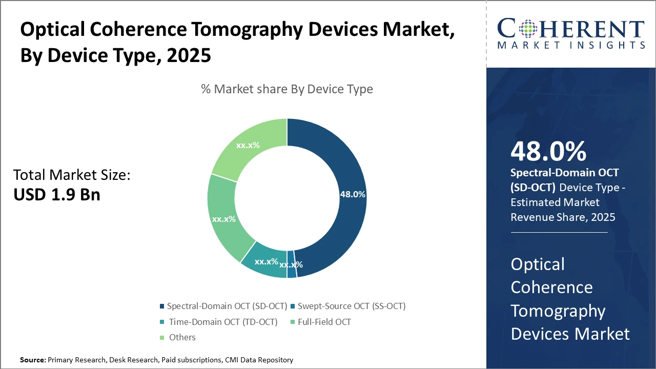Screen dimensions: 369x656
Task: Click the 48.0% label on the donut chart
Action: click(x=353, y=194)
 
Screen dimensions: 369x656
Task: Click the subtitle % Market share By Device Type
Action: click(x=287, y=89)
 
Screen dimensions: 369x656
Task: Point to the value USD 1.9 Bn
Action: click(x=56, y=195)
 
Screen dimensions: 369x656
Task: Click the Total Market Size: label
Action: click(x=72, y=175)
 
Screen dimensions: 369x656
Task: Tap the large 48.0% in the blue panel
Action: click(x=548, y=152)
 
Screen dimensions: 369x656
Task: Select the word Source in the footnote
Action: click(x=32, y=360)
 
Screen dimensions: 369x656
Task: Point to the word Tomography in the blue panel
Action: click(x=558, y=311)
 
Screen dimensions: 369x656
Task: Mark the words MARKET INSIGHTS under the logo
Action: click(x=570, y=46)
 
